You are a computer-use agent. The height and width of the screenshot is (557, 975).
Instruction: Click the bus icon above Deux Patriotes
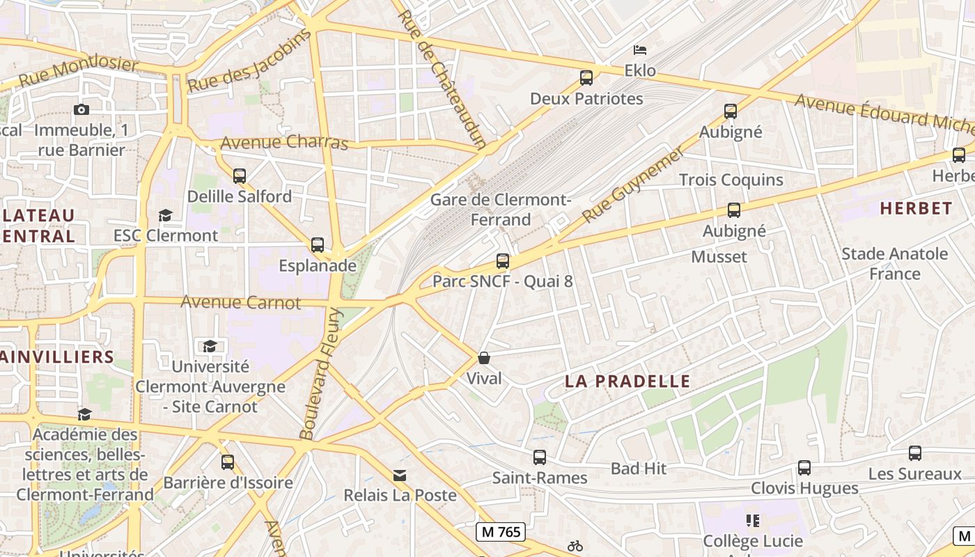pos(586,77)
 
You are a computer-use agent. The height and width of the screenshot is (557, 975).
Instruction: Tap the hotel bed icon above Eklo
pos(640,49)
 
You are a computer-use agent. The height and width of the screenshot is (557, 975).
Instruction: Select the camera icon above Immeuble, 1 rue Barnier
pos(81,109)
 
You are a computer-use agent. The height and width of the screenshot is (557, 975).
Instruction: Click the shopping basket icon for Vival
pos(484,358)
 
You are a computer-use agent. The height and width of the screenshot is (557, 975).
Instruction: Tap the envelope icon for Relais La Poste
pos(400,475)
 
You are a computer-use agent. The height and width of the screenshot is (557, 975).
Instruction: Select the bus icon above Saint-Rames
pos(540,457)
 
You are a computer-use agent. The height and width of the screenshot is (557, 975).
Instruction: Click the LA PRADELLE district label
pos(627,382)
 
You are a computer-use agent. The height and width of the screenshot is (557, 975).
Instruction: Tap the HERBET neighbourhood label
pos(916,208)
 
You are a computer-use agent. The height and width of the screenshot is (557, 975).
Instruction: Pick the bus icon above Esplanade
pos(318,245)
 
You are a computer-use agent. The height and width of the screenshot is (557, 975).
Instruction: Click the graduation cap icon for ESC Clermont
pos(166,215)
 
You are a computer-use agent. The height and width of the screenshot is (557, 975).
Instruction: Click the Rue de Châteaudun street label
pos(442,78)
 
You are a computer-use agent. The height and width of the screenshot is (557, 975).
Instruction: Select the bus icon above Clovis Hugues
pos(804,468)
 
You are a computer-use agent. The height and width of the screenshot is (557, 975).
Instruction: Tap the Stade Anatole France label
pos(894,263)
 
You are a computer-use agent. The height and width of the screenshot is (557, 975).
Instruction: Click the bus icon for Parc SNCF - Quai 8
pos(503,261)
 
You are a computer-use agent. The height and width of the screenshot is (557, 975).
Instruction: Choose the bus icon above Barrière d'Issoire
pos(228,462)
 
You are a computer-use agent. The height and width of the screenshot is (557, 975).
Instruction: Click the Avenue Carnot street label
pos(240,302)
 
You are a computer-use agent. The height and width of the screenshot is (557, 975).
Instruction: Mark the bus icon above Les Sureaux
pos(915,453)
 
